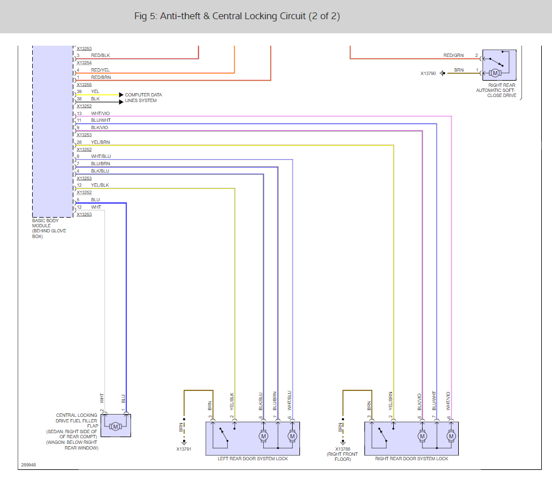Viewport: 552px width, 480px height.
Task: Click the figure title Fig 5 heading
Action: coord(237,16)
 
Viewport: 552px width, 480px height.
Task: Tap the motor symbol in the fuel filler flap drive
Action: coord(115,426)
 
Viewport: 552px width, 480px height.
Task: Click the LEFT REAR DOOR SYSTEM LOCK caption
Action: coord(253,459)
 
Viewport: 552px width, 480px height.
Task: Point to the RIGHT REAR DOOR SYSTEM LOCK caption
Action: coord(412,459)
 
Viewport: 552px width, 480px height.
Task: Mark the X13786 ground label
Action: coord(342,450)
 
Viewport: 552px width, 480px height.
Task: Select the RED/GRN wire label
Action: coord(453,55)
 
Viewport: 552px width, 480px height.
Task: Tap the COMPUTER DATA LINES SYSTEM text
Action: coord(144,98)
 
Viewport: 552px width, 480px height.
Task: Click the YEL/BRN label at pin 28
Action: coord(101,142)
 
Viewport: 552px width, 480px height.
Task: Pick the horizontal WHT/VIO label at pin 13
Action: coord(101,113)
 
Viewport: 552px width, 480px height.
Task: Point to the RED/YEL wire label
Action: coord(100,70)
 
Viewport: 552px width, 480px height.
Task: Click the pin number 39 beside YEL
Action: coord(79,91)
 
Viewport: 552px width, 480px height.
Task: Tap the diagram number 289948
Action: coord(29,465)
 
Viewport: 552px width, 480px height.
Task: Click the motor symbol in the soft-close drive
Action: coord(495,73)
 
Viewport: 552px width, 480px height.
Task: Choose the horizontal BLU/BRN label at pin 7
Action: coord(101,164)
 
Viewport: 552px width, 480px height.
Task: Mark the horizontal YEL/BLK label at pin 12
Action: coord(100,185)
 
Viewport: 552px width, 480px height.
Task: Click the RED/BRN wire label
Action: coord(101,77)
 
